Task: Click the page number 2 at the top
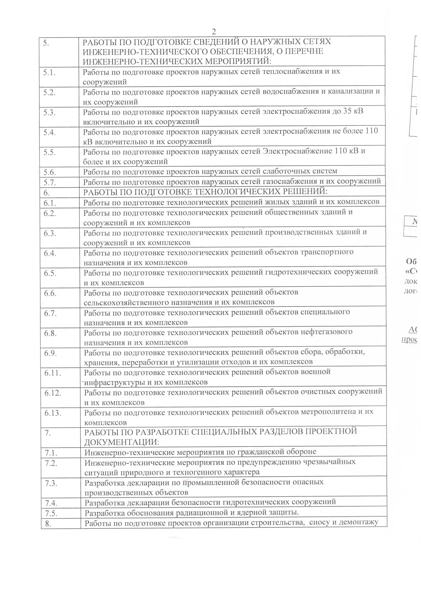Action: [x=214, y=32]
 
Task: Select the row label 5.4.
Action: [x=50, y=133]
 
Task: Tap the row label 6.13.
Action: [x=53, y=413]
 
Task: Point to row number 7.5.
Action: [x=51, y=513]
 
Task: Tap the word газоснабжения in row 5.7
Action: [x=288, y=181]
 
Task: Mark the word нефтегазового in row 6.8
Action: [x=327, y=332]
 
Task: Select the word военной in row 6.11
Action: [x=315, y=372]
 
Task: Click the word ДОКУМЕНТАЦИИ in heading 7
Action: [x=121, y=442]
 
